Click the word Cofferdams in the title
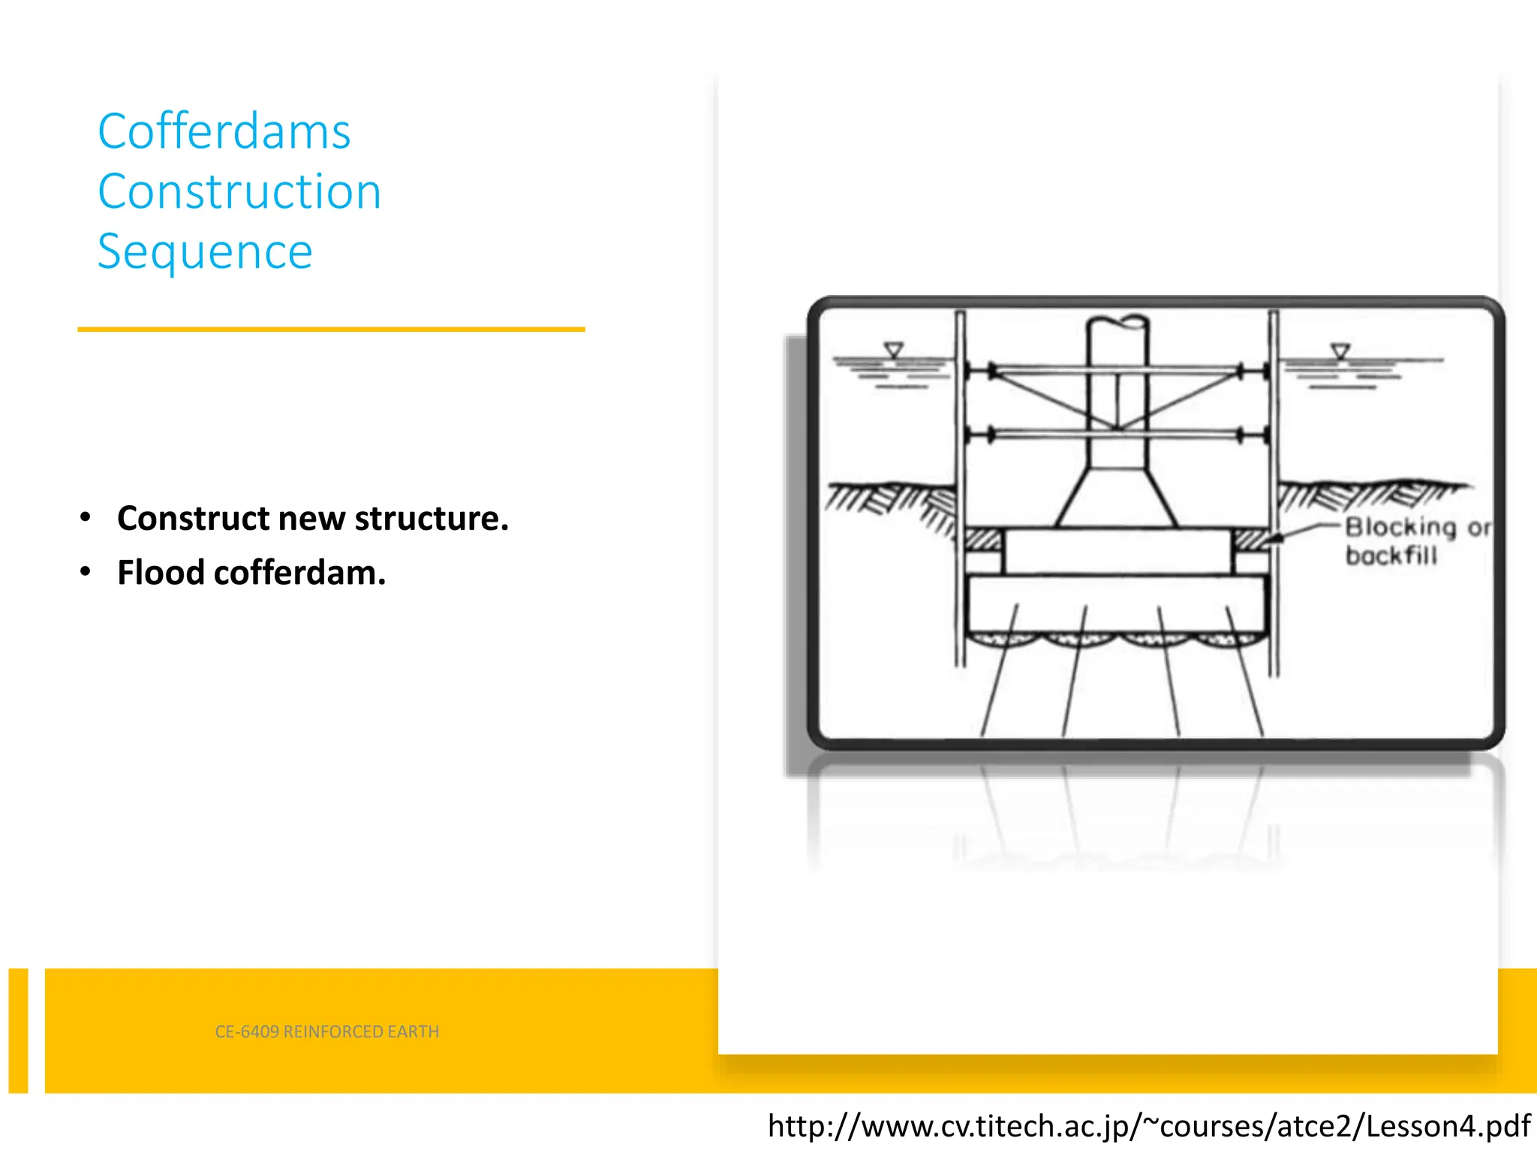tap(224, 132)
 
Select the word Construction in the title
tap(239, 191)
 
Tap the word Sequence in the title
tap(204, 251)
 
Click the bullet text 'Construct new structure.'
tap(312, 519)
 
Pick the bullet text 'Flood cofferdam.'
tap(251, 573)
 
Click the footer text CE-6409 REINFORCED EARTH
tap(326, 1031)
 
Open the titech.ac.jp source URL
tap(1148, 1126)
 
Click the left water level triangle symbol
tap(893, 350)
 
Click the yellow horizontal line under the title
tap(331, 329)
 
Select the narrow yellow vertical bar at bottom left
tap(18, 1030)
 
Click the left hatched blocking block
tap(983, 539)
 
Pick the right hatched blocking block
tap(1250, 539)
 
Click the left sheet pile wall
tap(960, 488)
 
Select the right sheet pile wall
tap(1274, 488)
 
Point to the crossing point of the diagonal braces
tap(1117, 429)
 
